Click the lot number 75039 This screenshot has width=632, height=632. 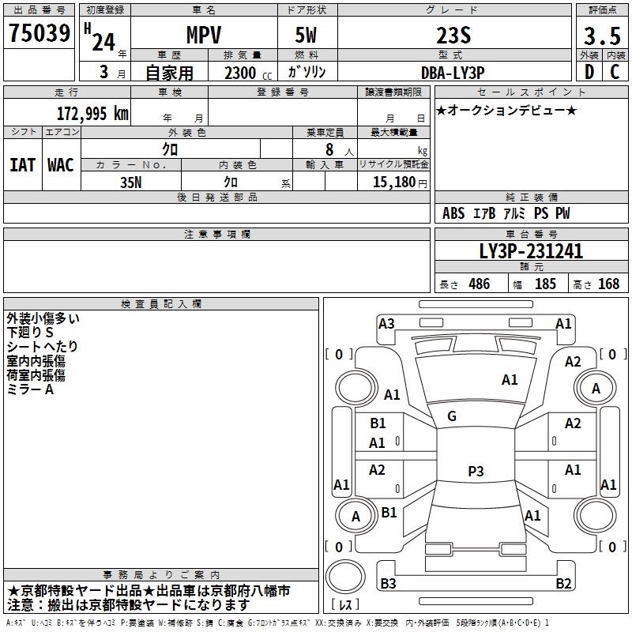click(39, 33)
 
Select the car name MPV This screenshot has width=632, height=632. click(204, 35)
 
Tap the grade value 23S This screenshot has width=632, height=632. click(453, 35)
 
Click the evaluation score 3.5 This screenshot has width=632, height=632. click(602, 36)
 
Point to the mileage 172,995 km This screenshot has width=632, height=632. click(92, 114)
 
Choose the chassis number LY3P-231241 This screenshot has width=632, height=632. click(531, 251)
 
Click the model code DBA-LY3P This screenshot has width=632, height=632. click(453, 73)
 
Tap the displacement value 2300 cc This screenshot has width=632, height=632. click(248, 73)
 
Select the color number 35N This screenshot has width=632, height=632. click(131, 182)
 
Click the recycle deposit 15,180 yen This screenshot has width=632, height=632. click(400, 182)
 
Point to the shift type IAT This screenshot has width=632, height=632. click(23, 165)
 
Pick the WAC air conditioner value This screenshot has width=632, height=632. click(61, 165)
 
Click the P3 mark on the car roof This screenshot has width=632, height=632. click(476, 471)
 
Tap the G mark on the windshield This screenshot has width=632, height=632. click(452, 416)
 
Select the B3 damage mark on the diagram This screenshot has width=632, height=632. click(388, 583)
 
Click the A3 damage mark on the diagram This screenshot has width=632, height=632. click(386, 323)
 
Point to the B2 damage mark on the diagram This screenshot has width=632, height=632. click(563, 583)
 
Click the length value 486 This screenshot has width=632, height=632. click(480, 284)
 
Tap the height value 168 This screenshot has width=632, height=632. click(608, 284)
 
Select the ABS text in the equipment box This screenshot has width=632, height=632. click(453, 213)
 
